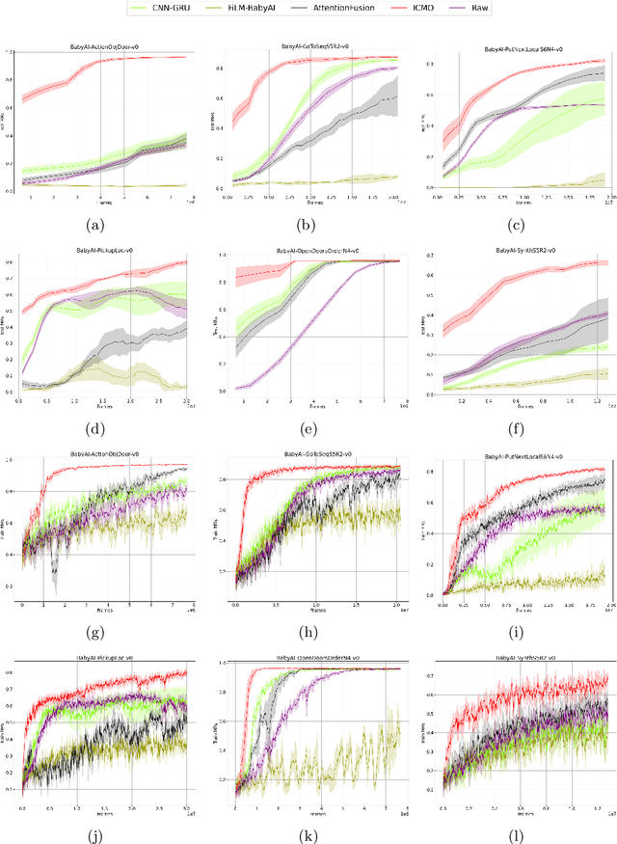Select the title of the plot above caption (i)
[x=528, y=453]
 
